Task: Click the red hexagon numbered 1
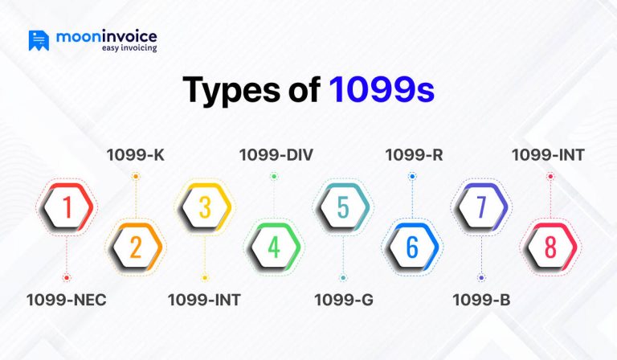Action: click(x=67, y=207)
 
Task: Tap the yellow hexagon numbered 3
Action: click(x=204, y=207)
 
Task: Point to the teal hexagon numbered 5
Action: click(x=343, y=207)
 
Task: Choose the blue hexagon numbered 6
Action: click(x=412, y=247)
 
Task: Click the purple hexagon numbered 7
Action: click(x=481, y=207)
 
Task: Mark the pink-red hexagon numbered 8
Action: click(x=550, y=247)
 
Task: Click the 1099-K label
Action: click(x=135, y=155)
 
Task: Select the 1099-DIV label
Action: click(x=274, y=155)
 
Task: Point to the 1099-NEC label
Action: click(x=66, y=301)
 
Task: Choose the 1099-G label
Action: click(x=343, y=301)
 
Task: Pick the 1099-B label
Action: click(x=481, y=301)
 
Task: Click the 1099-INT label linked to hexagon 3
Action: click(x=204, y=301)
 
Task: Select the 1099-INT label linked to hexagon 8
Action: click(x=550, y=155)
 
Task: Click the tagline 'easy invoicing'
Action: click(x=129, y=48)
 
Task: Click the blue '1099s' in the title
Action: click(x=382, y=90)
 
